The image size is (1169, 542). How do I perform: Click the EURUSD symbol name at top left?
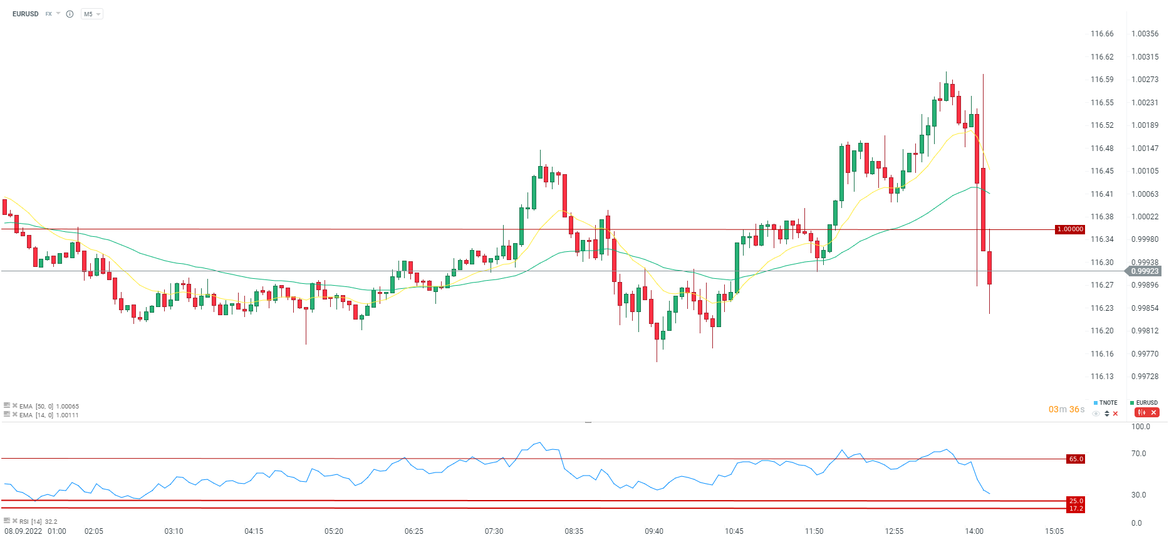(x=25, y=14)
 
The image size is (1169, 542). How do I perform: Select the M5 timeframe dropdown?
(x=91, y=14)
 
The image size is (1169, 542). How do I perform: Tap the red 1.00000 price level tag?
(x=1070, y=229)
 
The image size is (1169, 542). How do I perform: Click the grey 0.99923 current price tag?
(x=1145, y=271)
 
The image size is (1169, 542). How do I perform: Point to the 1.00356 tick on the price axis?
(x=1145, y=34)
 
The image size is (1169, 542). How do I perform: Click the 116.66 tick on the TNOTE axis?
(x=1102, y=34)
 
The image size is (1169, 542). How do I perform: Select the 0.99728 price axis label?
(x=1145, y=377)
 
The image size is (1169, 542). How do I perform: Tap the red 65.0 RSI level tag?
(x=1076, y=459)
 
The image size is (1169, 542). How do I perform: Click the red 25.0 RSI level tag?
(x=1076, y=501)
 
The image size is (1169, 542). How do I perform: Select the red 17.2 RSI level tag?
(x=1076, y=509)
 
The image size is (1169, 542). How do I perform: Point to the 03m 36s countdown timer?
(x=1066, y=409)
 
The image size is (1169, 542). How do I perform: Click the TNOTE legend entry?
(x=1108, y=403)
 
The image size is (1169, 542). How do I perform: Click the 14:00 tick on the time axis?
(x=974, y=531)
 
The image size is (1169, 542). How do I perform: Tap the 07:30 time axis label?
(x=494, y=531)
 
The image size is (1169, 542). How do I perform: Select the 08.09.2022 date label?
(x=23, y=531)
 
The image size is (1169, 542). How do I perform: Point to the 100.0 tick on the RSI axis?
(x=1140, y=427)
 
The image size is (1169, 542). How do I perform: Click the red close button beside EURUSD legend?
(x=1153, y=412)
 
